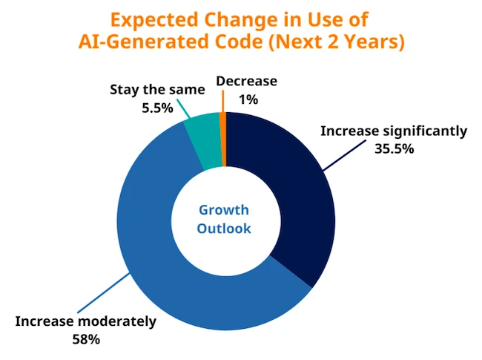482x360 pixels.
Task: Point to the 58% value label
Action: (86, 339)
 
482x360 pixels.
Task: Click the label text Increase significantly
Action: (394, 131)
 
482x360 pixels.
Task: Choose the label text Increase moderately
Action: (86, 322)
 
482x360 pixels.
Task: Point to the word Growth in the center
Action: (224, 210)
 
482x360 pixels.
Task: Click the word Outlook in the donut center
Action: (224, 229)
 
